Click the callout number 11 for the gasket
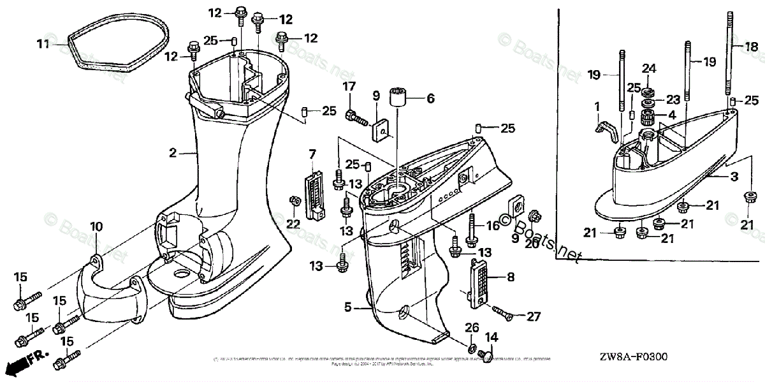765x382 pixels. [42, 44]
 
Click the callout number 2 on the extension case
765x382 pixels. [172, 153]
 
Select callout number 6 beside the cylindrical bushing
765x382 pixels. [430, 99]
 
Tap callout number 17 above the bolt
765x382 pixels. [349, 86]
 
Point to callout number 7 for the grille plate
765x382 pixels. [312, 154]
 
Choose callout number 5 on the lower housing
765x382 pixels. [347, 307]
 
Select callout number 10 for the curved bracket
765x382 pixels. [96, 226]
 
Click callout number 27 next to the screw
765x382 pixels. [533, 315]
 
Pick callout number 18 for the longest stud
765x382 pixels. [752, 46]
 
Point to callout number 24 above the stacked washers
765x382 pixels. [648, 68]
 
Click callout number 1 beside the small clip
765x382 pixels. [597, 105]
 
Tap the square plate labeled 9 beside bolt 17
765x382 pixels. [380, 131]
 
